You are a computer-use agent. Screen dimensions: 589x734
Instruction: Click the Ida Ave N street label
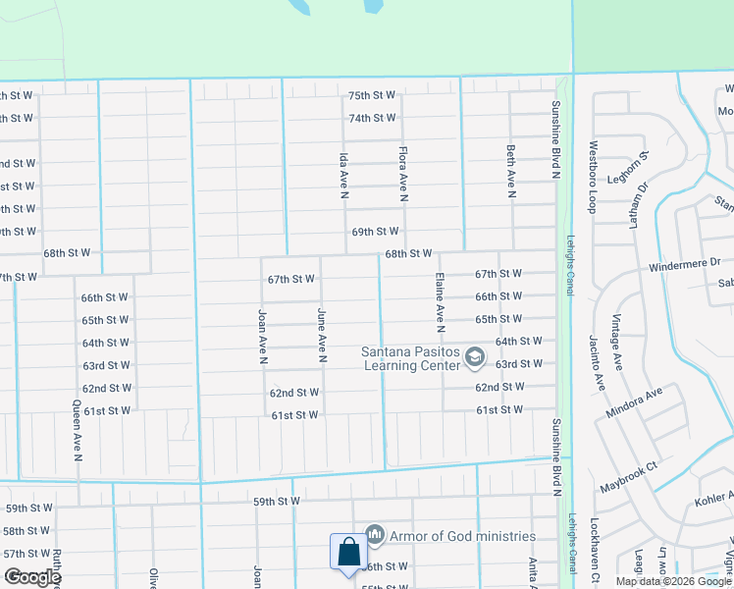(x=344, y=176)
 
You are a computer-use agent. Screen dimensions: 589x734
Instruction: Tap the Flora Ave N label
(x=403, y=175)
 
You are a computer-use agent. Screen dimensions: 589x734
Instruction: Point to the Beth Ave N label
(x=511, y=171)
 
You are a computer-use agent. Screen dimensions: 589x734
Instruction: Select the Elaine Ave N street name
(x=441, y=300)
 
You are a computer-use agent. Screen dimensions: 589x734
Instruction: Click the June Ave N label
(x=322, y=335)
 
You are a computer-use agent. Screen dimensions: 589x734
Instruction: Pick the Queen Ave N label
(x=77, y=431)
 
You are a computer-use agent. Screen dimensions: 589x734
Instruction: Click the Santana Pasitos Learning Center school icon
(x=475, y=355)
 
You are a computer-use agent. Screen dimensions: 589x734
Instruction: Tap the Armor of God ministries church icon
(x=374, y=535)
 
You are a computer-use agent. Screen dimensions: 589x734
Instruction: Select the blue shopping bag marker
(x=348, y=552)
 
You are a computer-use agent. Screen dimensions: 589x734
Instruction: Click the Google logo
(x=32, y=577)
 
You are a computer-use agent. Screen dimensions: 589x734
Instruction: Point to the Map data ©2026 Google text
(x=672, y=581)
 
